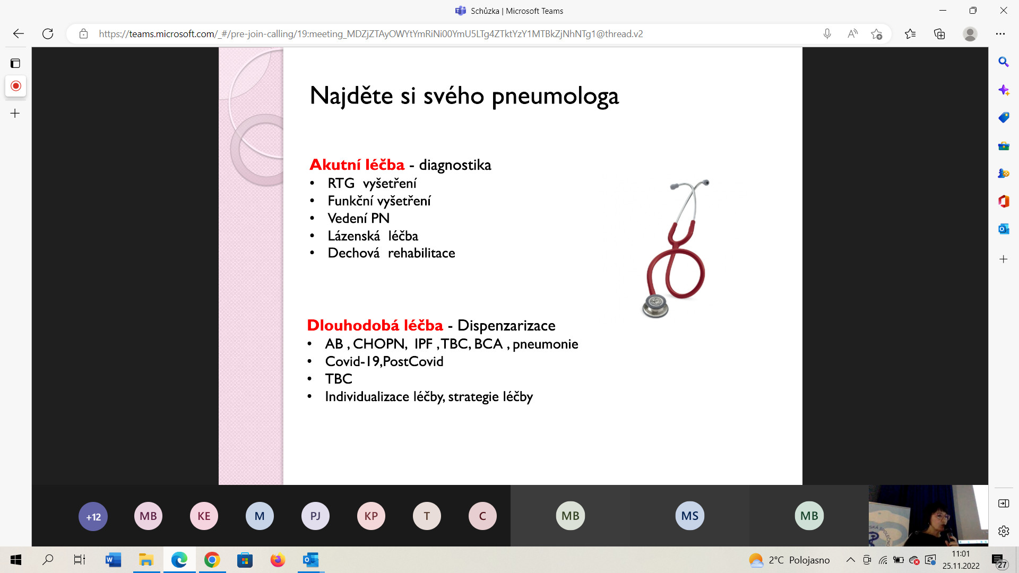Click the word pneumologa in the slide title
pos(555,97)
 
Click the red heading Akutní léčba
pos(357,164)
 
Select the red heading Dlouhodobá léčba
pos(375,325)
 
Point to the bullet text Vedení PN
pos(358,218)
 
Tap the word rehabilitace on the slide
pos(421,253)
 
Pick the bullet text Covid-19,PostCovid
pos(384,361)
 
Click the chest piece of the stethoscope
pos(655,306)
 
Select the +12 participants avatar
pos(93,516)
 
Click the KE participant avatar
pos(204,516)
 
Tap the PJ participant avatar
pos(315,516)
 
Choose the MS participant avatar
pos(689,516)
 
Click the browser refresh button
pos(48,34)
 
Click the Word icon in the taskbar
pos(113,560)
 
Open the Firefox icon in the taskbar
pos(278,560)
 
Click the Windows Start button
pos(16,560)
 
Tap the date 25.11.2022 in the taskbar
pos(961,566)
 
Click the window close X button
pos(1004,11)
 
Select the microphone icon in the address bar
pos(827,34)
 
